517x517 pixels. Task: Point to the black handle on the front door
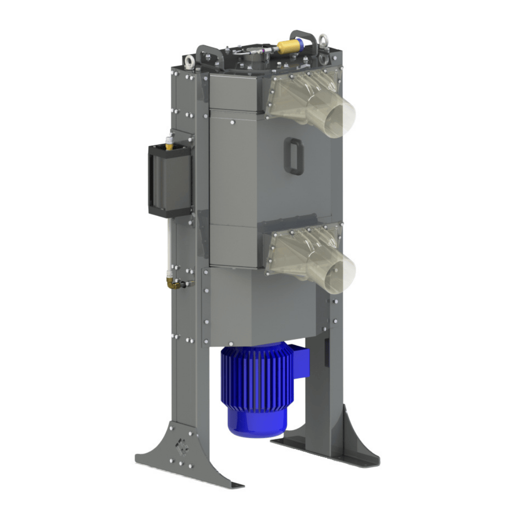[293, 156]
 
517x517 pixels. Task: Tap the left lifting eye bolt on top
[190, 60]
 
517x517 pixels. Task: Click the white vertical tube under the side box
[168, 244]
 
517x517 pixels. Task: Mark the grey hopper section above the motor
[258, 306]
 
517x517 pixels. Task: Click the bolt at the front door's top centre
[233, 123]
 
